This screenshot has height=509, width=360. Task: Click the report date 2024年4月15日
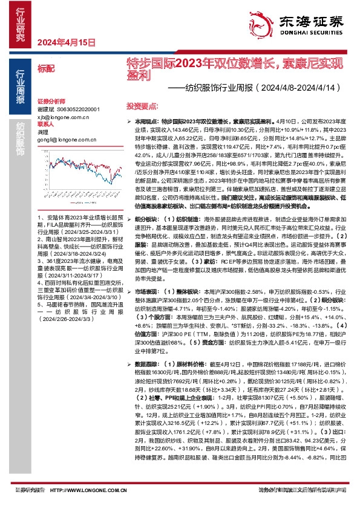[67, 43]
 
